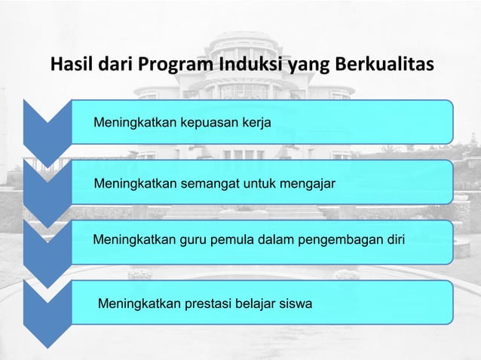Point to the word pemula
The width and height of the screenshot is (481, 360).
click(x=230, y=242)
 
